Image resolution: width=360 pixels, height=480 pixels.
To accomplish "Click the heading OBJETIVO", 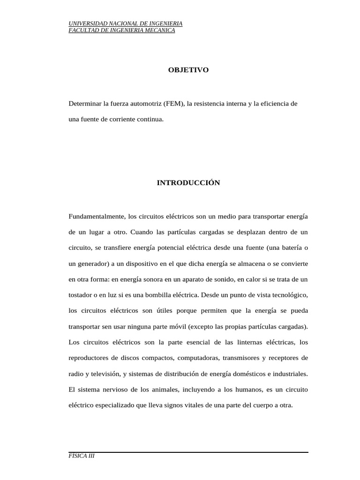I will (x=188, y=70).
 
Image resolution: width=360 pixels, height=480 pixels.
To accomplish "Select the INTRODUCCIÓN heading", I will (x=188, y=183).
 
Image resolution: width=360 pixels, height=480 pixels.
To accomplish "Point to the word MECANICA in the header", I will (x=162, y=30).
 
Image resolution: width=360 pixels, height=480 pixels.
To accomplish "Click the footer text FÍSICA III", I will (x=82, y=456).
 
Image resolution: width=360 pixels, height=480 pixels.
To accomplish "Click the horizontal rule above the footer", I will (x=188, y=452).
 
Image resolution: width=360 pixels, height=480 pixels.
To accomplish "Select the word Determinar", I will (x=84, y=103).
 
